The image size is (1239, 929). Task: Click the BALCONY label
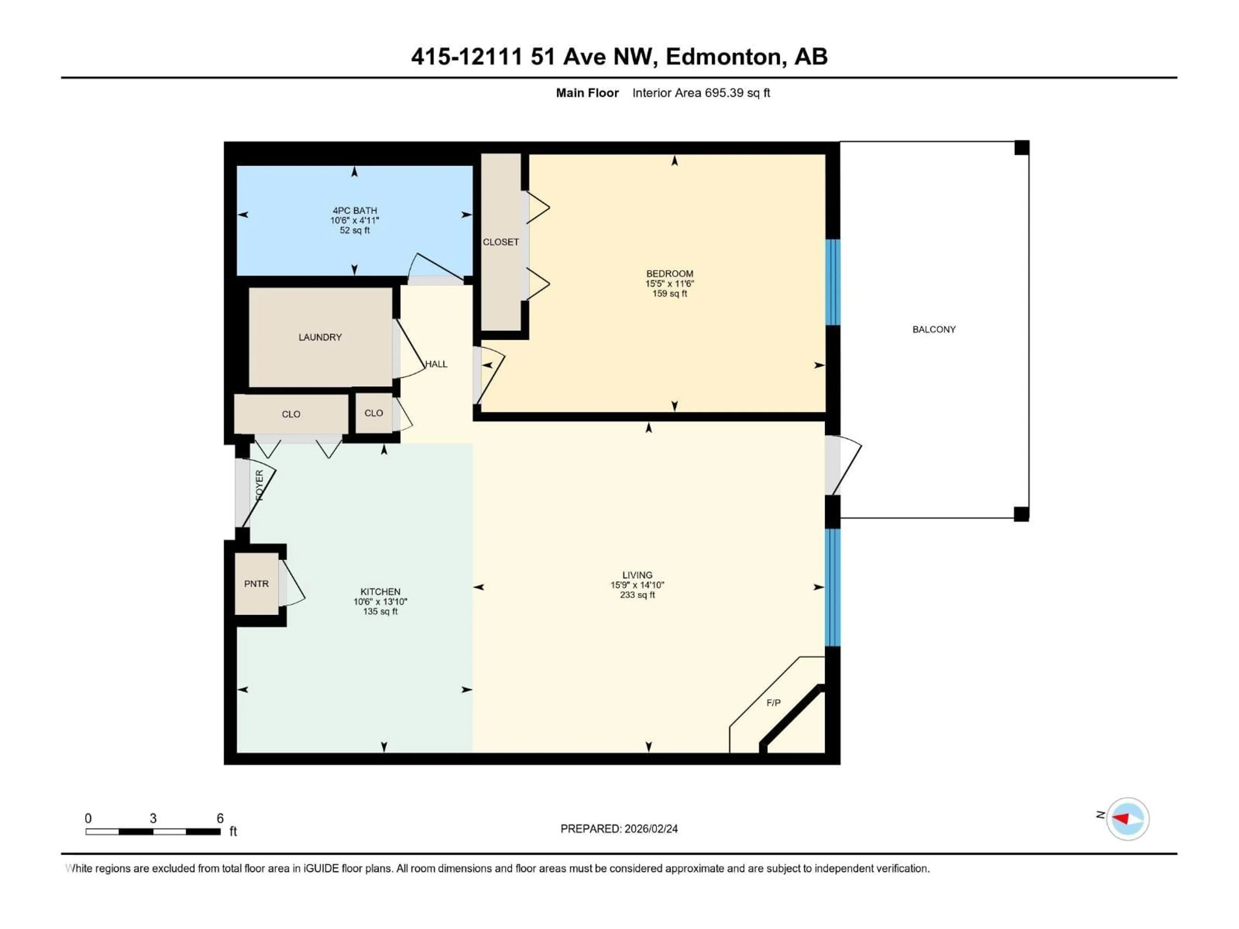pyautogui.click(x=934, y=329)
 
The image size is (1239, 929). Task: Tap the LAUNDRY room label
pyautogui.click(x=320, y=337)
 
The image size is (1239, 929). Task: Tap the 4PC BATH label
pyautogui.click(x=355, y=211)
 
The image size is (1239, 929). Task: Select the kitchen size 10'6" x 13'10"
pyautogui.click(x=380, y=601)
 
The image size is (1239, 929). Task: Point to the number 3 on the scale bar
pyautogui.click(x=153, y=818)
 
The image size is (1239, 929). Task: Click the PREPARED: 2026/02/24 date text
pyautogui.click(x=619, y=829)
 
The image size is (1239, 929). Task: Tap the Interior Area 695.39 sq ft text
pyautogui.click(x=701, y=93)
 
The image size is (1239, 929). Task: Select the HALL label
pyautogui.click(x=436, y=364)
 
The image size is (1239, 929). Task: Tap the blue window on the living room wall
pyautogui.click(x=833, y=587)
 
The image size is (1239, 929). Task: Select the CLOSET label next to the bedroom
pyautogui.click(x=501, y=242)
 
